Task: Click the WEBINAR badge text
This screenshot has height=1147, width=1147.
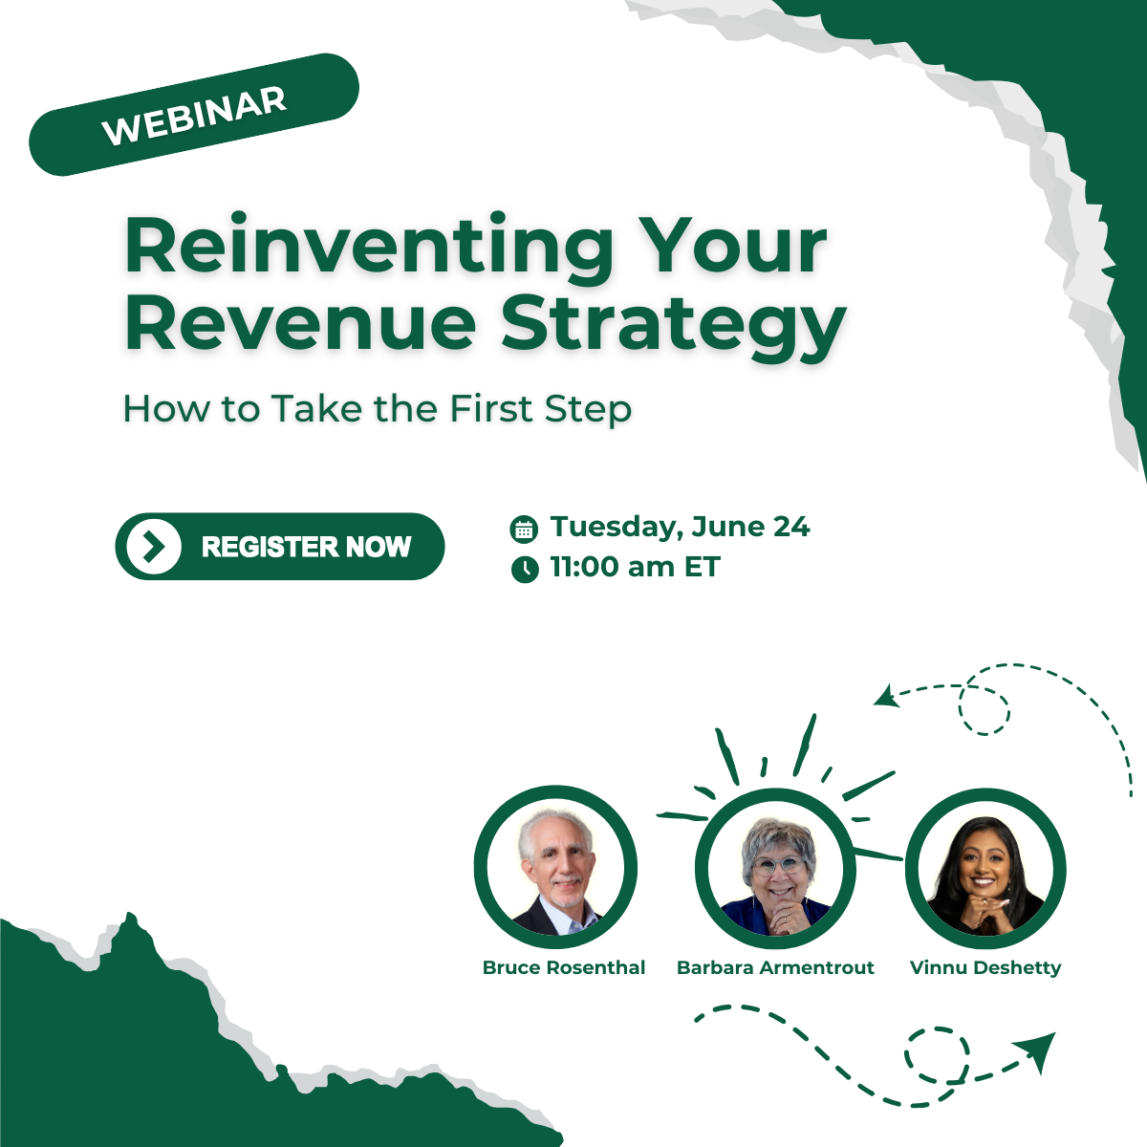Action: [x=195, y=116]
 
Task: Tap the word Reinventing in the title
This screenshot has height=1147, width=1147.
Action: [x=369, y=247]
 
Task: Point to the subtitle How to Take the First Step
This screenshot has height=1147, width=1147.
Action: [x=378, y=409]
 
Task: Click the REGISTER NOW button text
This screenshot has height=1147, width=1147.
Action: [x=307, y=547]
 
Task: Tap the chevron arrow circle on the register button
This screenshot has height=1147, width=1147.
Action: [x=154, y=547]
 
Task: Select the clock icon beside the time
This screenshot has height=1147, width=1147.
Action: [x=525, y=569]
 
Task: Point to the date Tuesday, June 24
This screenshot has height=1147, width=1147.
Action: [x=680, y=528]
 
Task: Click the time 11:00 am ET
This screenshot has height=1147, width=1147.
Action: [x=635, y=566]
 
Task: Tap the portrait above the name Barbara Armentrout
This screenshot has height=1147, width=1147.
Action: [x=775, y=869]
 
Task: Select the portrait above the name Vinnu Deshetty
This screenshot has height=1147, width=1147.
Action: [x=985, y=869]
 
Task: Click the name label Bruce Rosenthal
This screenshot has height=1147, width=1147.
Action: [x=564, y=968]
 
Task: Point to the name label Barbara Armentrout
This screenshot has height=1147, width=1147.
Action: [x=775, y=968]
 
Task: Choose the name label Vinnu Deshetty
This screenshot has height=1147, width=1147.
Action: [x=985, y=968]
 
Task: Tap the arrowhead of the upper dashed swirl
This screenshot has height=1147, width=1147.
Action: [x=886, y=697]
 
